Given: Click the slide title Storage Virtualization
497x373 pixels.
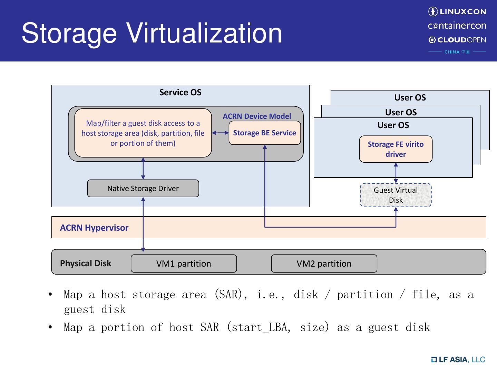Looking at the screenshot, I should tap(152, 33).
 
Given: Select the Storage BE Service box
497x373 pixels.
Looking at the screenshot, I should tap(264, 133).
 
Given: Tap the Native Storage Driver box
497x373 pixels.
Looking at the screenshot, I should tap(143, 188).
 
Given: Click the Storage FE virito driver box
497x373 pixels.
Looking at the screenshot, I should tap(396, 149).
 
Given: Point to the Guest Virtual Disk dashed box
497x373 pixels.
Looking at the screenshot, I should tap(396, 195).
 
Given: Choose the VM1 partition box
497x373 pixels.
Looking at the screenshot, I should tap(184, 264).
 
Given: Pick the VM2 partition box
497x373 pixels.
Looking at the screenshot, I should tap(324, 264).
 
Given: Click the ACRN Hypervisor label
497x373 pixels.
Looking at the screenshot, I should tap(94, 228).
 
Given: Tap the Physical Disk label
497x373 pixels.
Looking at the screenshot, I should tap(86, 263).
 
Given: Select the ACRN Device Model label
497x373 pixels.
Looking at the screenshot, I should tap(257, 116).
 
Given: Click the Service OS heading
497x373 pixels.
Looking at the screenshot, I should tap(180, 92).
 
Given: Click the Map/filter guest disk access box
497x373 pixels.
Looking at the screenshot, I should tap(143, 133).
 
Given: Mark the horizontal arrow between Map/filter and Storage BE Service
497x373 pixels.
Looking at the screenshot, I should tap(220, 133).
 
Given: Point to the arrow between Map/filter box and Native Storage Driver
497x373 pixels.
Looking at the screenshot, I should tap(143, 169).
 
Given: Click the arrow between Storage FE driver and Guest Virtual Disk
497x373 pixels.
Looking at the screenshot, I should tap(396, 173).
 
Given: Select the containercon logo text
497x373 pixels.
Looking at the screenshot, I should tap(457, 26).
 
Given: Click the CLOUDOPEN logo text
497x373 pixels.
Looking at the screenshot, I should tap(457, 40).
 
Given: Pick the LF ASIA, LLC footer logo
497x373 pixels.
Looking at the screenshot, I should tap(458, 360).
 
